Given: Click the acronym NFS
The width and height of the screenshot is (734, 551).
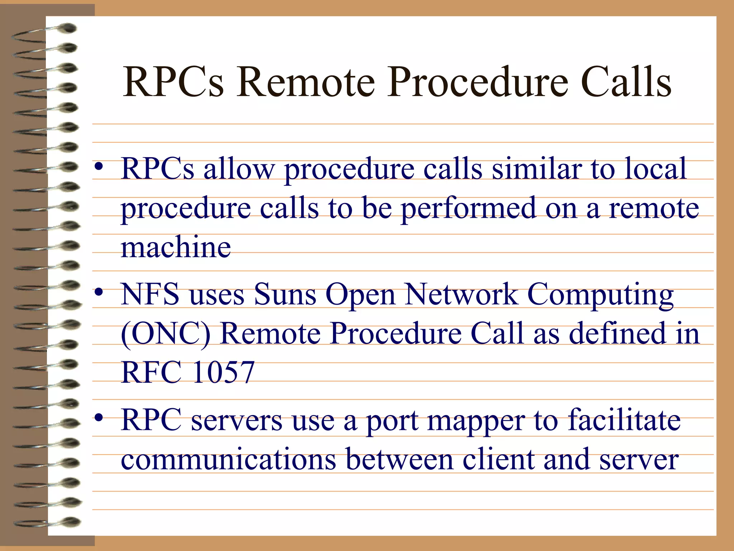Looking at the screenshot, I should tap(150, 294).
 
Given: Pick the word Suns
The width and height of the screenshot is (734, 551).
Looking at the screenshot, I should tap(285, 294).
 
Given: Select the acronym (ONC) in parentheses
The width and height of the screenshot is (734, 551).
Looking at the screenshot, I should tap(166, 334).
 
